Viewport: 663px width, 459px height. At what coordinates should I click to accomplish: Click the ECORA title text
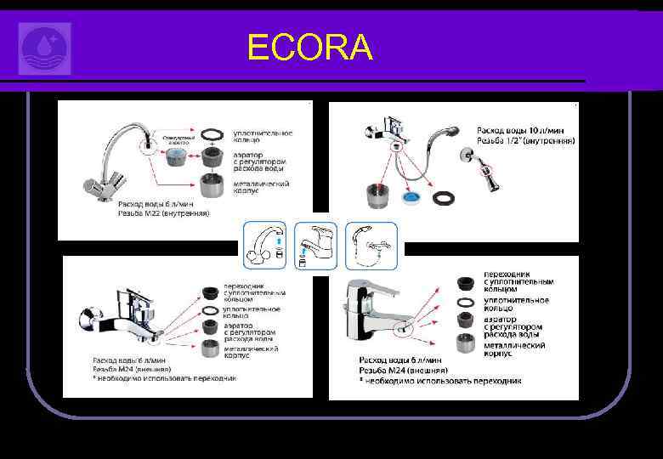click(310, 48)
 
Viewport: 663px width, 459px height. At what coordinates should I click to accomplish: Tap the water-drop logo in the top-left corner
click(44, 48)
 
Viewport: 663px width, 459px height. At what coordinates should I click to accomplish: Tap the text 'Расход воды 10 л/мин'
click(524, 128)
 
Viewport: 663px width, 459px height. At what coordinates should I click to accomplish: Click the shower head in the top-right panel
click(450, 133)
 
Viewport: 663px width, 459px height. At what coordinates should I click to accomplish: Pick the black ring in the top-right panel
click(443, 196)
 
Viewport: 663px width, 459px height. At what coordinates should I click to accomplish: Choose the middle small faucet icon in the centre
click(315, 244)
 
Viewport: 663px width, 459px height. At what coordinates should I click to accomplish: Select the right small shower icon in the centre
click(371, 244)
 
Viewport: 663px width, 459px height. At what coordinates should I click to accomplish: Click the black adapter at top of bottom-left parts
click(210, 292)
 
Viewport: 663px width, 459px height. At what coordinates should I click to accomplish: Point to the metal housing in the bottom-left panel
click(210, 350)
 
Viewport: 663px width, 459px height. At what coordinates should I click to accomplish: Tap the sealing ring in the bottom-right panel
click(466, 302)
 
